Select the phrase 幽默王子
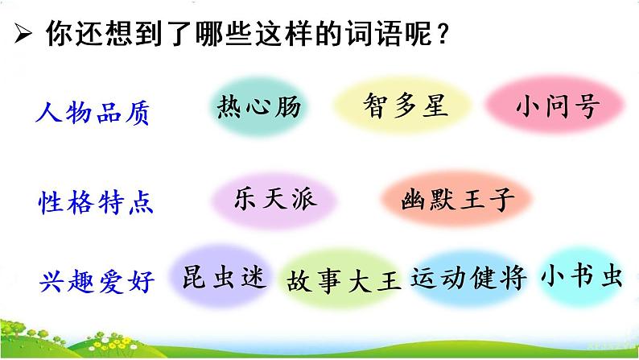point(457,200)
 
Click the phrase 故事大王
point(342,279)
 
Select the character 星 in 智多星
point(435,106)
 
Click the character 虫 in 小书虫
point(612,276)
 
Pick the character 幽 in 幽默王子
point(414,200)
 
